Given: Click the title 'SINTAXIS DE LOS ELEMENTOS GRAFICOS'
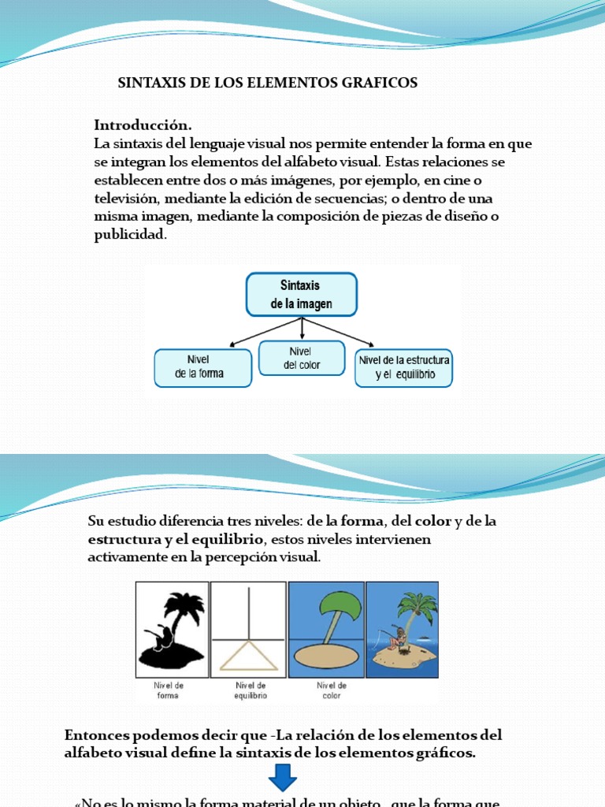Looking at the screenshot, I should click(x=268, y=83).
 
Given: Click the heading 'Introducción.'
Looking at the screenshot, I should click(x=143, y=125).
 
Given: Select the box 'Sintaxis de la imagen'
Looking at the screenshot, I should click(x=302, y=295).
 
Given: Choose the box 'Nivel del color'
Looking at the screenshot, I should click(x=302, y=358).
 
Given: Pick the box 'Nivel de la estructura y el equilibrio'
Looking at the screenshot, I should click(x=404, y=367).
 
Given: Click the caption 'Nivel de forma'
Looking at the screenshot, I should click(x=167, y=690).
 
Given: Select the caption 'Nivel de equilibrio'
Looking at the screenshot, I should click(x=251, y=690).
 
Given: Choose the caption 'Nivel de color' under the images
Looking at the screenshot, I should click(x=331, y=690).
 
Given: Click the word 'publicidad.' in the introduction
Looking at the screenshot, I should click(x=131, y=235).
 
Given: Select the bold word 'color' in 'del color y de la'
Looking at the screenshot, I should click(x=434, y=522).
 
